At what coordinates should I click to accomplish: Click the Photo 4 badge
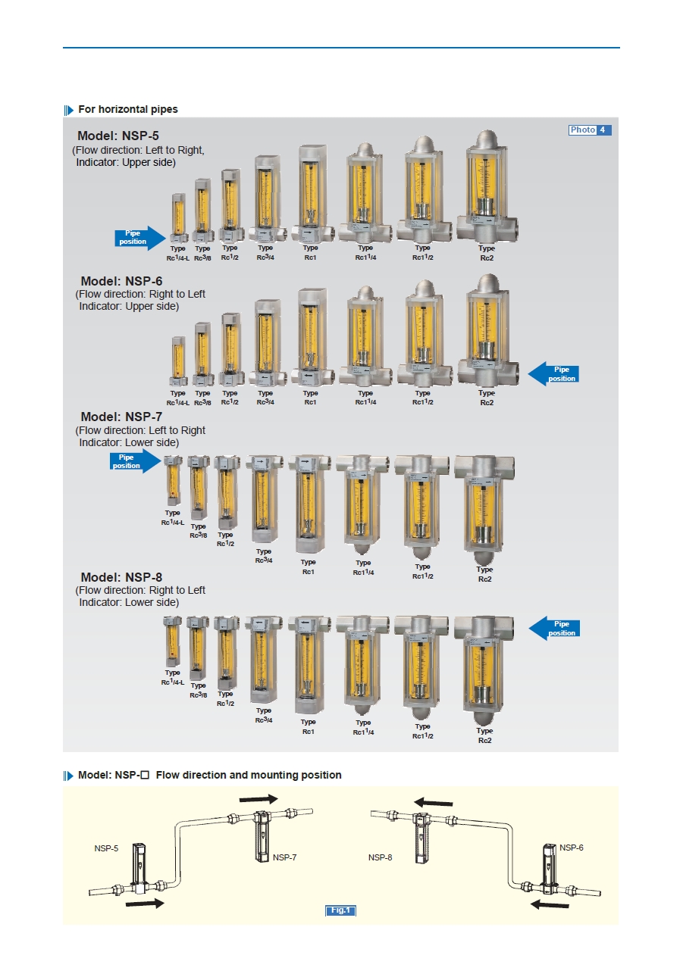[x=590, y=130]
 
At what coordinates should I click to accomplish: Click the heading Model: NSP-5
[x=117, y=137]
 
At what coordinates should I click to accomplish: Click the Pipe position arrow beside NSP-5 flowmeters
[x=139, y=238]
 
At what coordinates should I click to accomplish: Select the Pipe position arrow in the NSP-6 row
[x=553, y=374]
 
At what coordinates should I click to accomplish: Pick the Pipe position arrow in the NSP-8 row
[x=553, y=629]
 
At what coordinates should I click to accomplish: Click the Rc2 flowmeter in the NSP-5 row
[x=486, y=186]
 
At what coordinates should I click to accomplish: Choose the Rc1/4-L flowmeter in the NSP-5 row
[x=177, y=217]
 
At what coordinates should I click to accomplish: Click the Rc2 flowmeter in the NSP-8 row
[x=484, y=670]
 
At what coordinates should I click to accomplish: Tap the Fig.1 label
[x=340, y=910]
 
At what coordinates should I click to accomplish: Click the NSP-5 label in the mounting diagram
[x=106, y=848]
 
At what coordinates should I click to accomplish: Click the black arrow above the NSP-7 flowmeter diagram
[x=258, y=798]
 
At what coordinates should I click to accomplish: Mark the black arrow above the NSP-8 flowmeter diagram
[x=433, y=802]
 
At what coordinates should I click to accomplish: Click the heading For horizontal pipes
[x=127, y=109]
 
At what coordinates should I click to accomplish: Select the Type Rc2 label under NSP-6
[x=487, y=398]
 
